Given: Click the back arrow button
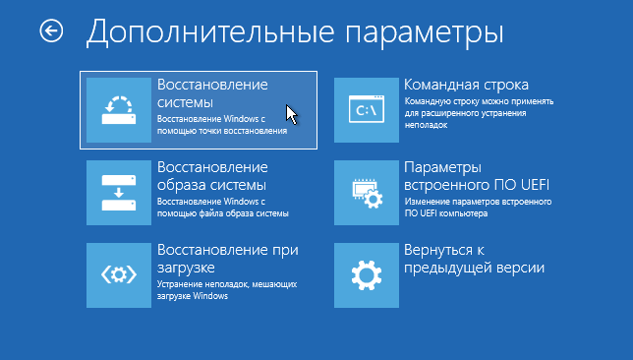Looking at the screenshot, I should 50,31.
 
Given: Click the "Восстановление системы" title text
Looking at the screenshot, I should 211,92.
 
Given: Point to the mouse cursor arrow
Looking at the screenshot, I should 291,114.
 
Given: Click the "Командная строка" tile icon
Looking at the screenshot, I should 367,109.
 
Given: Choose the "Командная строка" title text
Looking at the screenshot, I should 466,85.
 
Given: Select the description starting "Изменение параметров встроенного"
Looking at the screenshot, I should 477,207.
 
